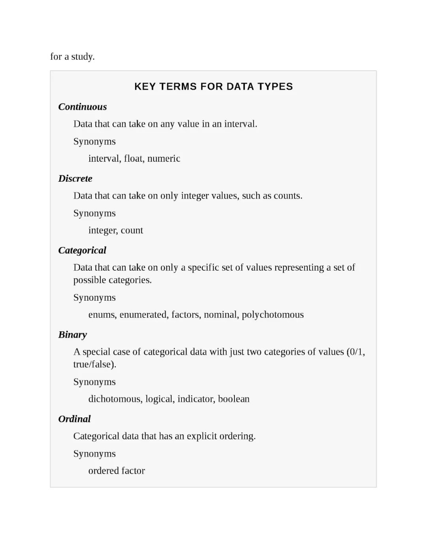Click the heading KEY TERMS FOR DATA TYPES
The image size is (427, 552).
(213, 87)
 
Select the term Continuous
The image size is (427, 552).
(82, 107)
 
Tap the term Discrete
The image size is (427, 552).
(75, 179)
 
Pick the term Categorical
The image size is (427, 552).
(82, 250)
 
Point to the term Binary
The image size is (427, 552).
(72, 335)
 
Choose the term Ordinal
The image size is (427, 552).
(74, 419)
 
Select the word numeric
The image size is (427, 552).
(164, 158)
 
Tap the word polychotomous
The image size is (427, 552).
(272, 315)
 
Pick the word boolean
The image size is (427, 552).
(234, 399)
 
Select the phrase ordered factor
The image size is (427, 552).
(117, 471)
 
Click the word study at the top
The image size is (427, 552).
(83, 57)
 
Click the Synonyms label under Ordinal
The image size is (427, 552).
(94, 454)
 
